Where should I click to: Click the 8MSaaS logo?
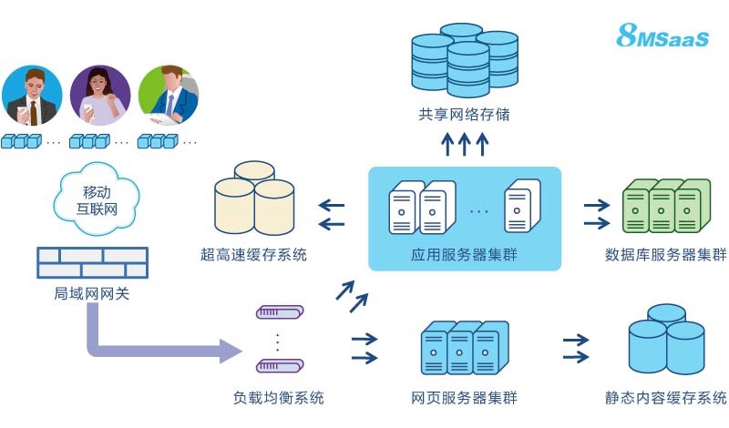tap(662, 36)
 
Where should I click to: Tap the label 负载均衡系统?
tap(279, 398)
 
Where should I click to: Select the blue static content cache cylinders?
tap(668, 341)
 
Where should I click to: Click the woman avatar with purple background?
tap(98, 96)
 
